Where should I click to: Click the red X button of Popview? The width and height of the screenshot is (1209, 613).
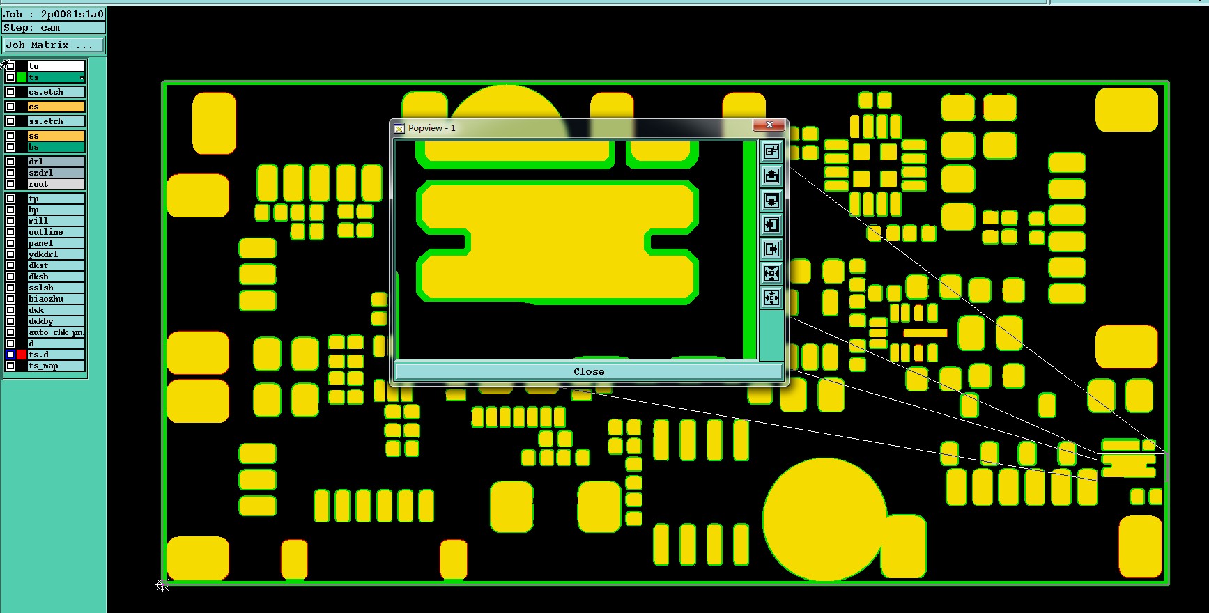point(769,125)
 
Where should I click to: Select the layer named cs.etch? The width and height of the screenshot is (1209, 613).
point(56,92)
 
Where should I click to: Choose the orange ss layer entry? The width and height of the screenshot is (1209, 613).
point(56,136)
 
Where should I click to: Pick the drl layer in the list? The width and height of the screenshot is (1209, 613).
point(56,162)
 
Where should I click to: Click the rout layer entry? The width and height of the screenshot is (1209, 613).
point(56,184)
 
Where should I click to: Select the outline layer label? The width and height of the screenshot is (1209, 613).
point(56,232)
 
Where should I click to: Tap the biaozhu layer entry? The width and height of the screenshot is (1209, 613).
point(56,299)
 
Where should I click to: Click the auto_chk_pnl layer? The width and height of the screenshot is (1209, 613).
point(56,332)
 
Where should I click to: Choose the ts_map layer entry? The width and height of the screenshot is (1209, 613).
point(56,366)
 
